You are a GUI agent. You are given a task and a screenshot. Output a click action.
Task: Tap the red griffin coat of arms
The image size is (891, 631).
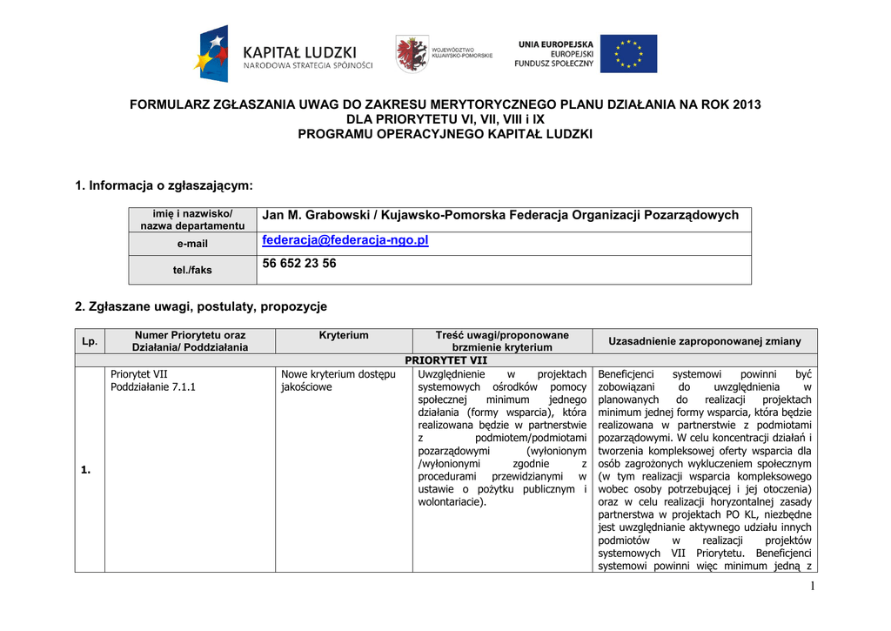411,54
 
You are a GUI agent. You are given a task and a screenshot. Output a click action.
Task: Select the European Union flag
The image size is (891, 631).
629,54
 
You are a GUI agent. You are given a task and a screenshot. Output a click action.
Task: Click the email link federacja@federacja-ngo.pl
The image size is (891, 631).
345,240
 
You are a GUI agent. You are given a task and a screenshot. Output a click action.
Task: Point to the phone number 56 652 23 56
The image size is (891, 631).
299,264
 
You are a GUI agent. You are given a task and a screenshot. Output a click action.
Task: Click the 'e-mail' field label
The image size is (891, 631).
192,244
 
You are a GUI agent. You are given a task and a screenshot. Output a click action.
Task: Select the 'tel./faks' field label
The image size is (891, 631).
192,270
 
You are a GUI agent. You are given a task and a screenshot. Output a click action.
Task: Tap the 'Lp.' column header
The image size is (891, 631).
90,341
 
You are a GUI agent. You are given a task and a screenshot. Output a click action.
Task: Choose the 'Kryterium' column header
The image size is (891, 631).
344,335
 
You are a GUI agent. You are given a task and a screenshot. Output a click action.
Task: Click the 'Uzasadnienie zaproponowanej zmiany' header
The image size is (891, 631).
705,341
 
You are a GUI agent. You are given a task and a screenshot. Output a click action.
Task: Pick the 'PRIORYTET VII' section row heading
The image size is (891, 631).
446,360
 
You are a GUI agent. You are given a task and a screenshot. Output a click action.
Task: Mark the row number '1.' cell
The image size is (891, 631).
86,470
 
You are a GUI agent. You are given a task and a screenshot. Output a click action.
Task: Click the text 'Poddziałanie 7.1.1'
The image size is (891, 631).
153,386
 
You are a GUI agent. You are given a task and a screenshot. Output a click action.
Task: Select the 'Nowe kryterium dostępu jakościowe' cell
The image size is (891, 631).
338,380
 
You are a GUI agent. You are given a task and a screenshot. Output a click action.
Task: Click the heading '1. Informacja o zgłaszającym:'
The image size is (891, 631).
164,185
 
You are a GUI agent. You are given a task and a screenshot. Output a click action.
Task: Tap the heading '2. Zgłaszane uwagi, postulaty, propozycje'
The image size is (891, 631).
201,306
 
